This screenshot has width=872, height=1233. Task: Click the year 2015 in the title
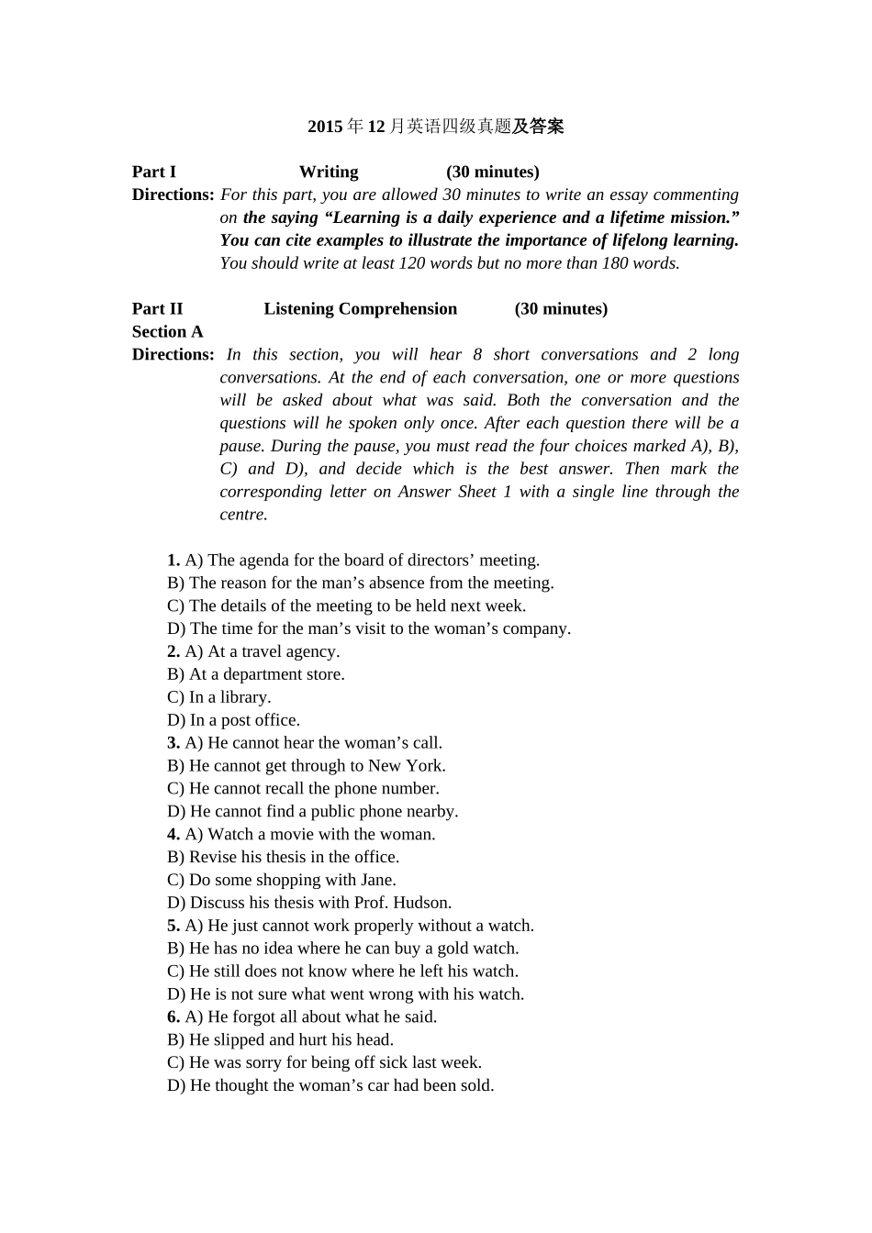(325, 127)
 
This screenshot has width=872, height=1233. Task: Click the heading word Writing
(329, 172)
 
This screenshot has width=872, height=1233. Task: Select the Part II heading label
(157, 308)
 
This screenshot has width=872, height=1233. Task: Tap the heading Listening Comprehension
(360, 308)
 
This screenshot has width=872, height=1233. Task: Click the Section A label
(167, 331)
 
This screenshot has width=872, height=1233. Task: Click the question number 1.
(173, 560)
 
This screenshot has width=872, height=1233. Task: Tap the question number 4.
(173, 834)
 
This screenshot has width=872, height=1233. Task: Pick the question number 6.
(173, 1016)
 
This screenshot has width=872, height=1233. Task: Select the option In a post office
(244, 720)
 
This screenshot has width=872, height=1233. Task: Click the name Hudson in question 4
(422, 903)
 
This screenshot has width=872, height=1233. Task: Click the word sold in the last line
(476, 1085)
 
